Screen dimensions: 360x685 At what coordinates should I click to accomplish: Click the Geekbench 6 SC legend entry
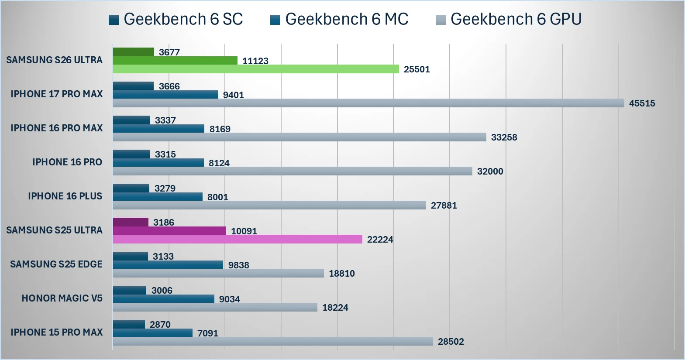[176, 19]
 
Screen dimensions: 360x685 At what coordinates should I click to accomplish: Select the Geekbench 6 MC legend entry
[340, 19]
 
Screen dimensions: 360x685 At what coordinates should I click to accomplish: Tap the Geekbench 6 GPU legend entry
[509, 19]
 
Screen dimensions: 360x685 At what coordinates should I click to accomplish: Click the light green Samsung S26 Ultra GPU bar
[256, 69]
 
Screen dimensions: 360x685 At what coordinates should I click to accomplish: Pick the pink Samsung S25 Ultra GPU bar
[238, 239]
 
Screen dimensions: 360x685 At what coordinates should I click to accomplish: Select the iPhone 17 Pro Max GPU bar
[368, 103]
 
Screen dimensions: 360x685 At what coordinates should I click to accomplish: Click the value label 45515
[642, 103]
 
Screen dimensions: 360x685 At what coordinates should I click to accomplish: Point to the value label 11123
[255, 61]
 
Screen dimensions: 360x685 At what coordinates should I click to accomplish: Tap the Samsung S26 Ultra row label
[54, 60]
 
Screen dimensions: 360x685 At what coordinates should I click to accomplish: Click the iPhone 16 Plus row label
[65, 196]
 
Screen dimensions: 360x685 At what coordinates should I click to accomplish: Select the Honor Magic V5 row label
[62, 298]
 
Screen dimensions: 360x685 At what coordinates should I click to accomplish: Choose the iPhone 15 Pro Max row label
[57, 333]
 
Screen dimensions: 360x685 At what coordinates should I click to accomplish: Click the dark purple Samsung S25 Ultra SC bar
[131, 222]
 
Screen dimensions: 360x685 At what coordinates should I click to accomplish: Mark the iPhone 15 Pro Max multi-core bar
[153, 333]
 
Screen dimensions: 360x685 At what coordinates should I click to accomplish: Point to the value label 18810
[342, 274]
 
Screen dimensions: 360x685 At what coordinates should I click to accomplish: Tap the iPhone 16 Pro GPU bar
[293, 171]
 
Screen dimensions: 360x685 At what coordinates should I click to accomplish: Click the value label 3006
[162, 291]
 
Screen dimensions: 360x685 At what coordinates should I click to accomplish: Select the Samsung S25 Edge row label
[56, 264]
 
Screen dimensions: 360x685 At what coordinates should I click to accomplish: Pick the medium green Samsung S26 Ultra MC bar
[175, 61]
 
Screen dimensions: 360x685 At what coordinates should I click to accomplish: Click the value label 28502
[451, 342]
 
